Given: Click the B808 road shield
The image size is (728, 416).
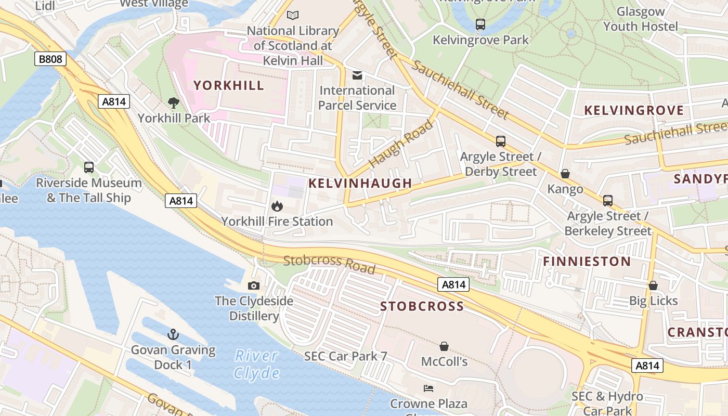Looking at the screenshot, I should [50, 59].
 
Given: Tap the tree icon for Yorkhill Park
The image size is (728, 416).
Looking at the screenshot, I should [173, 103].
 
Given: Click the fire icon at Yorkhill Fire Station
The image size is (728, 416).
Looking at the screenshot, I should [277, 206].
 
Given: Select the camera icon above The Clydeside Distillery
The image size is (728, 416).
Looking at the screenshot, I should [254, 285].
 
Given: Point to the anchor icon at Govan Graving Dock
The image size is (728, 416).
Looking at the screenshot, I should [173, 334].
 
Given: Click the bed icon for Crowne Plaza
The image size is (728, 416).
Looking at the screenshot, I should [428, 388].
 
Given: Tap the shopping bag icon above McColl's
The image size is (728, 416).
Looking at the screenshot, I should [444, 346].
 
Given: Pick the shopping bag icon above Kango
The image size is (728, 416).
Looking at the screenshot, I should [565, 174].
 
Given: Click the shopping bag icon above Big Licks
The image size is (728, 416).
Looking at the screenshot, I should [653, 285].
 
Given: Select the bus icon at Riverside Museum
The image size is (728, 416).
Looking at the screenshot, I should [89, 167].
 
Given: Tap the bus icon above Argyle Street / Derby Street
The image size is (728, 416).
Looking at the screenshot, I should [501, 141].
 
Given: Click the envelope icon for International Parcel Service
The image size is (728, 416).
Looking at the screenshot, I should [357, 75].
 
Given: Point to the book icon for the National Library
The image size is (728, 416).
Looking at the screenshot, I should [293, 16].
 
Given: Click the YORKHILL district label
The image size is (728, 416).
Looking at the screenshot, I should [229, 85].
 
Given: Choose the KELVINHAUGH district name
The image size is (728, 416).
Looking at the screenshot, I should [360, 183].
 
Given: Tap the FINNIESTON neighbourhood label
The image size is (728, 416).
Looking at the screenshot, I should [587, 261].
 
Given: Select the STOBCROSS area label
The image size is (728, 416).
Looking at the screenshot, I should [422, 306].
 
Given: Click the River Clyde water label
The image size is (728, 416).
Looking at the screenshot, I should [256, 364].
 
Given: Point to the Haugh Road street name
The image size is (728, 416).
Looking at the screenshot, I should [401, 144].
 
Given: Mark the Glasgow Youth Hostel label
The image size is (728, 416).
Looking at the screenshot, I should [641, 19].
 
